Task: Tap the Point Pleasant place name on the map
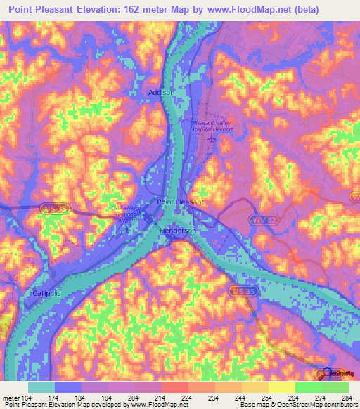(x=180, y=202)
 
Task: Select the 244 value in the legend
(x=239, y=398)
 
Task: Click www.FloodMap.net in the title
(x=243, y=10)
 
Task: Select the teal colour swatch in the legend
(x=41, y=387)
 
